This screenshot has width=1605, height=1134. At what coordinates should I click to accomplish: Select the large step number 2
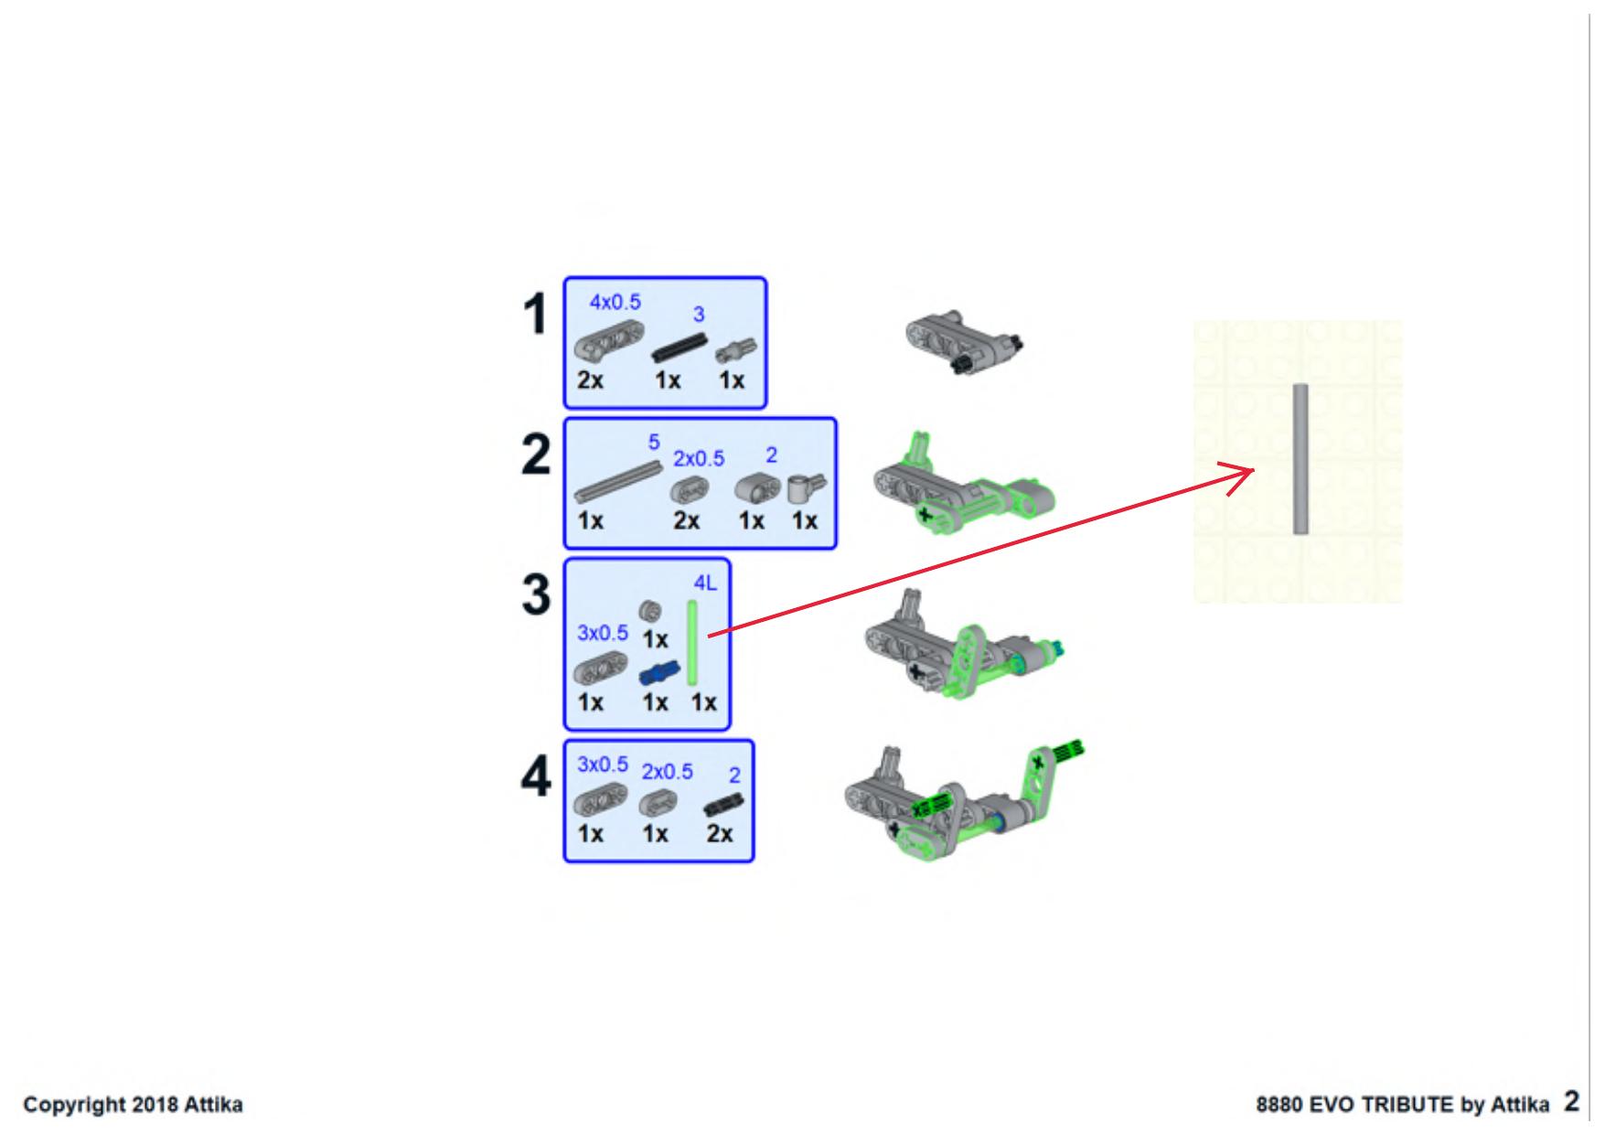pyautogui.click(x=536, y=455)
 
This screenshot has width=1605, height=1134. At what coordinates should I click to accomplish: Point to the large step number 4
pyautogui.click(x=536, y=779)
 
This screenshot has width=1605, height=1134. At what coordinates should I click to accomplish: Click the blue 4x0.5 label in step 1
pyautogui.click(x=615, y=302)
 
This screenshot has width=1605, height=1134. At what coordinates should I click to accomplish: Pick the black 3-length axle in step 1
pyautogui.click(x=680, y=348)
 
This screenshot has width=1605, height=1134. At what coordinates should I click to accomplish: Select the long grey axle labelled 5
pyautogui.click(x=618, y=481)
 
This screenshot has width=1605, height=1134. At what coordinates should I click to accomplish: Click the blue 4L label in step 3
pyautogui.click(x=705, y=583)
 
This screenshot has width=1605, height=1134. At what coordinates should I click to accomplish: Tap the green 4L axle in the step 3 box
pyautogui.click(x=693, y=643)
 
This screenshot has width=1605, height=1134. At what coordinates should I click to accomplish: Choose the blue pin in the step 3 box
pyautogui.click(x=658, y=674)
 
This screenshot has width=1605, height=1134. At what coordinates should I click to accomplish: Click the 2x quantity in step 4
pyautogui.click(x=720, y=834)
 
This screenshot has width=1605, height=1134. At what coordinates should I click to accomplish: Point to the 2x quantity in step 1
pyautogui.click(x=591, y=380)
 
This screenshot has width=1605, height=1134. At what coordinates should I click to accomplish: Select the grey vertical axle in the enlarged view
pyautogui.click(x=1300, y=459)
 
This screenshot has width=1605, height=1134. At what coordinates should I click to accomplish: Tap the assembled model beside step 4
pyautogui.click(x=965, y=800)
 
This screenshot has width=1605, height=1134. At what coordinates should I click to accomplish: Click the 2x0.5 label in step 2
pyautogui.click(x=699, y=458)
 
